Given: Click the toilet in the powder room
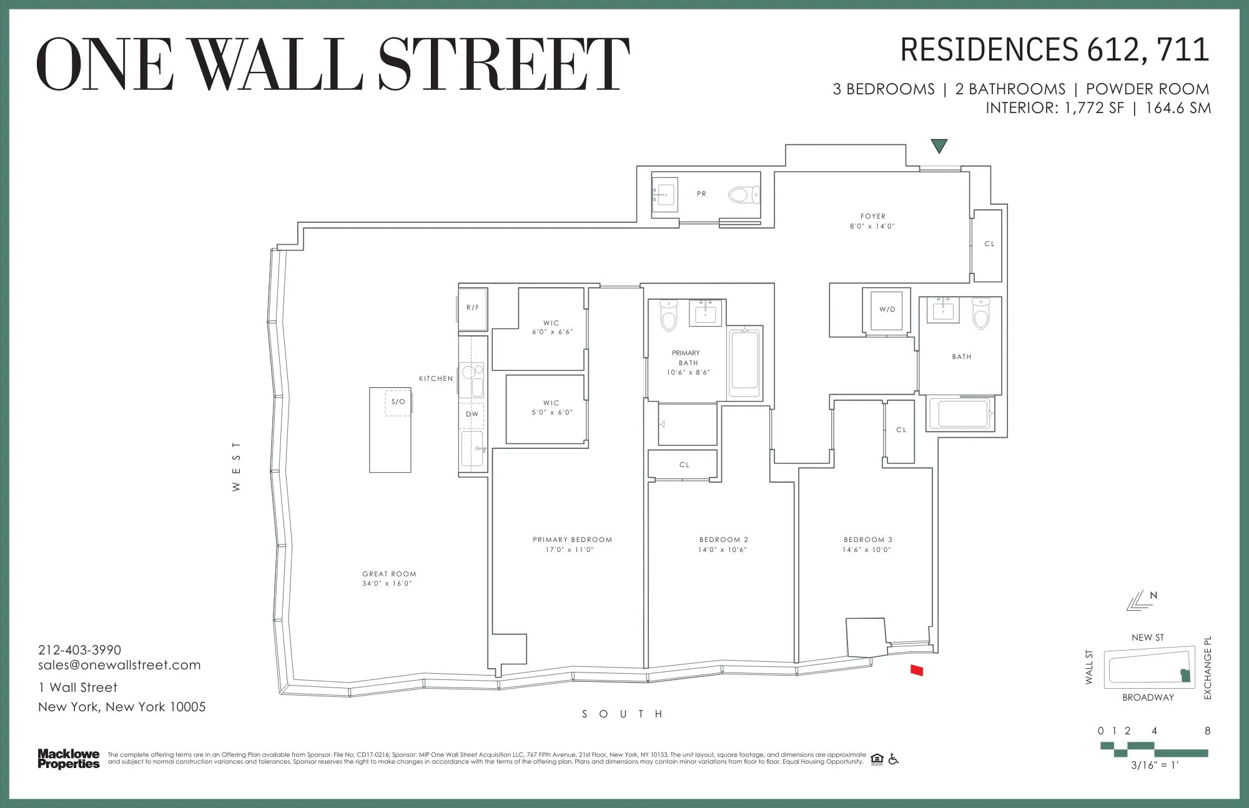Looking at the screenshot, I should click(743, 195).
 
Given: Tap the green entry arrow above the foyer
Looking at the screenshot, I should click(939, 146).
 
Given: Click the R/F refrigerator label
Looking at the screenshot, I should click(473, 307).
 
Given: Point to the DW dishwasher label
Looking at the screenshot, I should click(472, 414).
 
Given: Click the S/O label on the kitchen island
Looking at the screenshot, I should click(398, 402).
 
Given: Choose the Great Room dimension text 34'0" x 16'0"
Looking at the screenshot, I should click(387, 584).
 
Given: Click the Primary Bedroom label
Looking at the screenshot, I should click(572, 539).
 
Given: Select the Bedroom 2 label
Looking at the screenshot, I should click(723, 539).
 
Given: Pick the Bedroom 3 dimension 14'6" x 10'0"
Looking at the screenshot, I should click(867, 550).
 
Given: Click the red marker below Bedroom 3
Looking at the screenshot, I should click(916, 671).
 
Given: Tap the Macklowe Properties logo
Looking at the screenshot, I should click(69, 759).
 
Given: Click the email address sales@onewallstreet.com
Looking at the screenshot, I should click(119, 666).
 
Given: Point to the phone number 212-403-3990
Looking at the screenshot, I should click(79, 650).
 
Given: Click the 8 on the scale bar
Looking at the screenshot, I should click(1207, 731).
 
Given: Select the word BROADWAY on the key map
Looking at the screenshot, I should click(1148, 697).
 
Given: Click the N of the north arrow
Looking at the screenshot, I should click(1153, 595).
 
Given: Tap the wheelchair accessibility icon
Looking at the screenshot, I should click(893, 759).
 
